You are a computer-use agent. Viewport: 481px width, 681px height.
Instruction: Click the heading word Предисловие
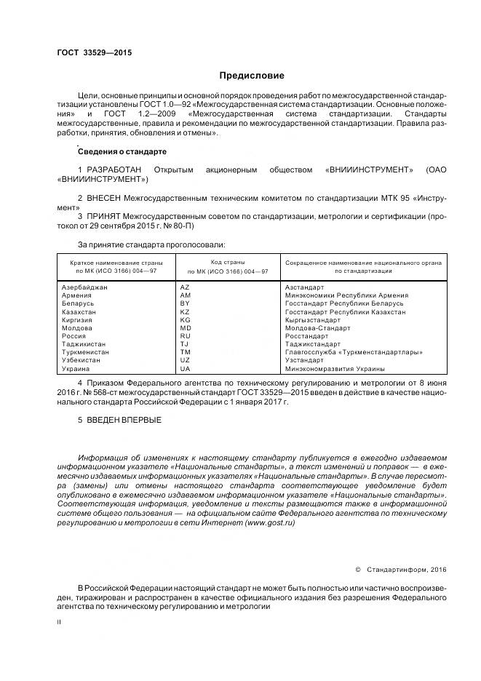(x=252, y=76)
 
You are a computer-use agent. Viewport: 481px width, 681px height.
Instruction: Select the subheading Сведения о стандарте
(x=122, y=151)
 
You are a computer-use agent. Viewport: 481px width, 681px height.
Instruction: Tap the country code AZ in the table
(x=185, y=287)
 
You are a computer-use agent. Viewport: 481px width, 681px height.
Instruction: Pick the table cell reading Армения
(x=77, y=295)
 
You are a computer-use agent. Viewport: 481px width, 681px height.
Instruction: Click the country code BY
(x=185, y=303)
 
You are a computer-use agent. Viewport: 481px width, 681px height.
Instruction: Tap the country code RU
(x=185, y=336)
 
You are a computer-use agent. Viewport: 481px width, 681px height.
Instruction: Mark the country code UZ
(x=185, y=360)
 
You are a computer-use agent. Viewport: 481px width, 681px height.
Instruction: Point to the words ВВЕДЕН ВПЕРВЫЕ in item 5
(x=124, y=421)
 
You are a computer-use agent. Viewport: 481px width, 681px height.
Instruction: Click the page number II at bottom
(x=59, y=622)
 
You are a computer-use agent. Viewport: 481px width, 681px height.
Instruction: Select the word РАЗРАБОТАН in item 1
(x=114, y=170)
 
